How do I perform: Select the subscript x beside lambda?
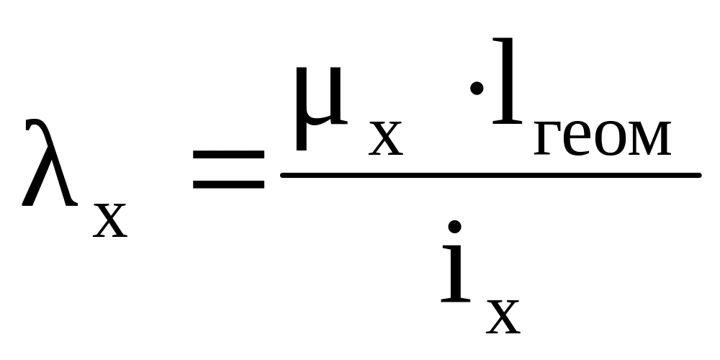(x=110, y=220)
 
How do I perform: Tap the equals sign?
(x=229, y=169)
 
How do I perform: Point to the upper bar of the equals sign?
(x=229, y=154)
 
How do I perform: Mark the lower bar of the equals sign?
(x=229, y=184)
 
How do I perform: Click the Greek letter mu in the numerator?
(x=321, y=109)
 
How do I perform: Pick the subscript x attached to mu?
(x=386, y=138)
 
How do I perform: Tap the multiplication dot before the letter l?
(x=477, y=88)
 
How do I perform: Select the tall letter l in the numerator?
(x=507, y=81)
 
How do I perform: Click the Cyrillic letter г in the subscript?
(x=547, y=138)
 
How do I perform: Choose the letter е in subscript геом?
(x=577, y=138)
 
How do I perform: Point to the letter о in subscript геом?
(x=611, y=138)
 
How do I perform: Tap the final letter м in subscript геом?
(x=649, y=138)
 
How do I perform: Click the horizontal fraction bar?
(x=491, y=175)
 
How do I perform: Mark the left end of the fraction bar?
(x=281, y=175)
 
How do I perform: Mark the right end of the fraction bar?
(x=701, y=175)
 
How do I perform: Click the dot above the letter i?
(x=454, y=227)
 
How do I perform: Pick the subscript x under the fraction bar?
(x=503, y=316)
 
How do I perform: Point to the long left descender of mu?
(x=301, y=109)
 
